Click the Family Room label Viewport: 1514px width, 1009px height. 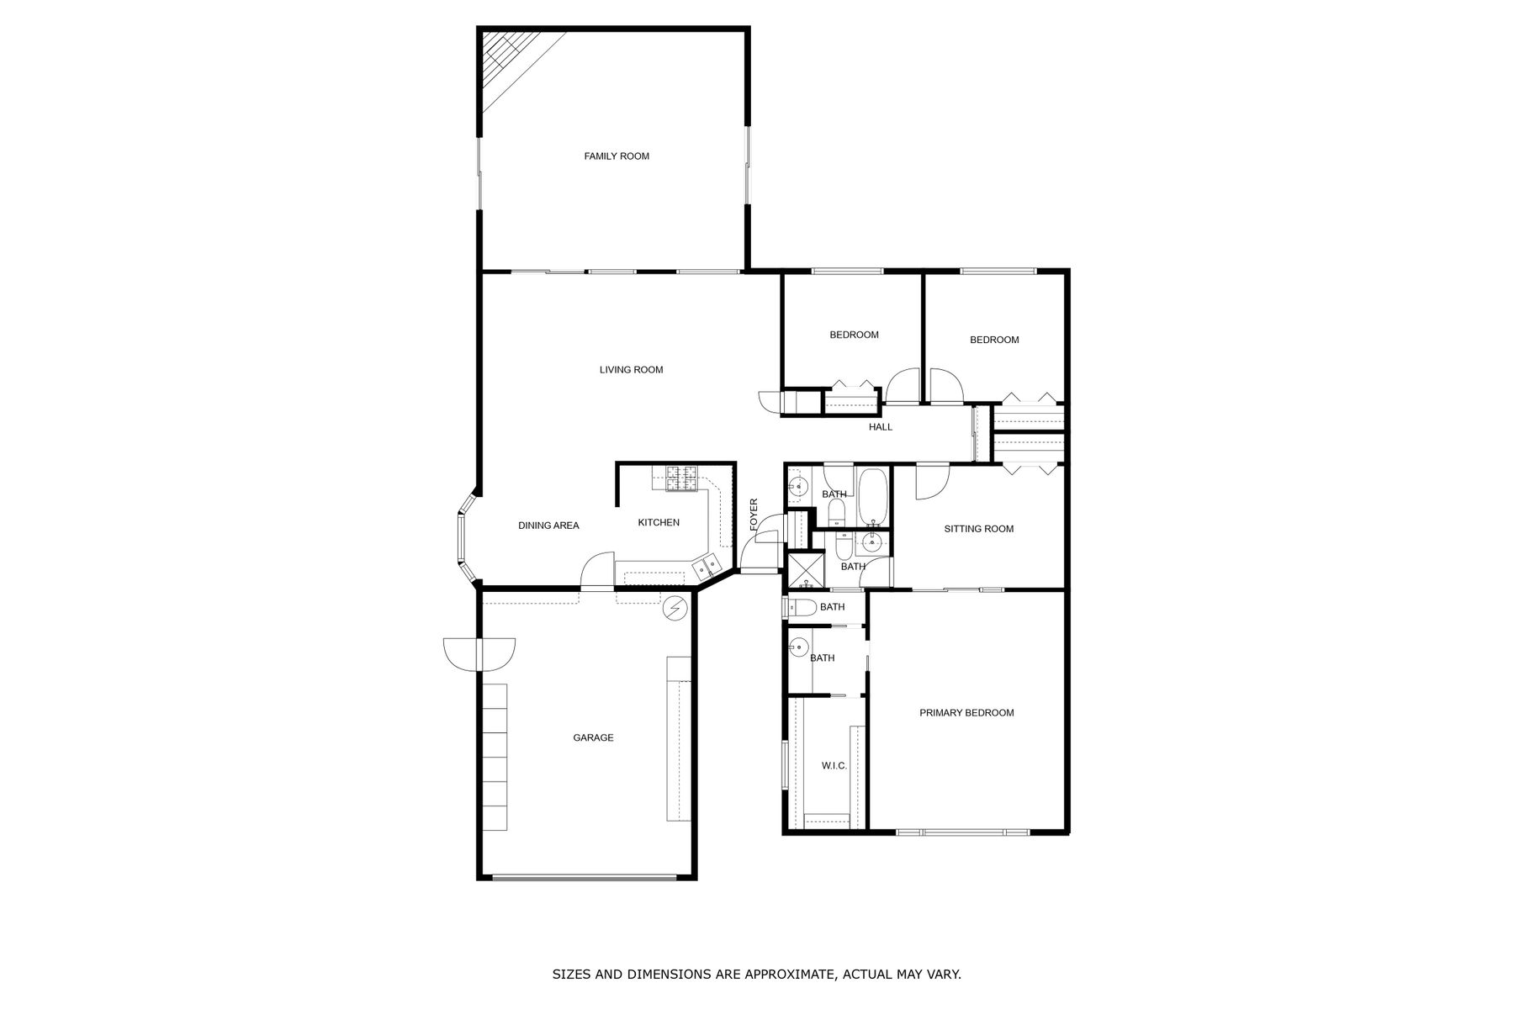coord(617,156)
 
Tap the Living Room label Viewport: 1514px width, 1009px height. coord(631,370)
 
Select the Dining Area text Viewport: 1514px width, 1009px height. coord(548,526)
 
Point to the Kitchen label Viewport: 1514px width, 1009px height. coord(659,523)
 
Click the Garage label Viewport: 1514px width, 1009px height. coord(593,738)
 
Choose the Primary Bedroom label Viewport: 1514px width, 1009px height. coord(966,713)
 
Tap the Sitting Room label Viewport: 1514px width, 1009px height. coord(979,529)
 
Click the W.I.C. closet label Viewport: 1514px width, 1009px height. coord(834,766)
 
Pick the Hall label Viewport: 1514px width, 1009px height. coord(881,427)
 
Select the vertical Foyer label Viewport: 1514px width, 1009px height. coord(754,515)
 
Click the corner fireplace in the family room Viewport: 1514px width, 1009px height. coord(510,66)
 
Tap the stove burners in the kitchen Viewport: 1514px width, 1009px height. coord(682,478)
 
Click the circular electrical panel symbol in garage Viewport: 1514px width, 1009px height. coord(675,608)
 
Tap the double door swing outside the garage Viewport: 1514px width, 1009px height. coord(479,654)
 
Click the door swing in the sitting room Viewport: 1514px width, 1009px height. coord(932,483)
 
